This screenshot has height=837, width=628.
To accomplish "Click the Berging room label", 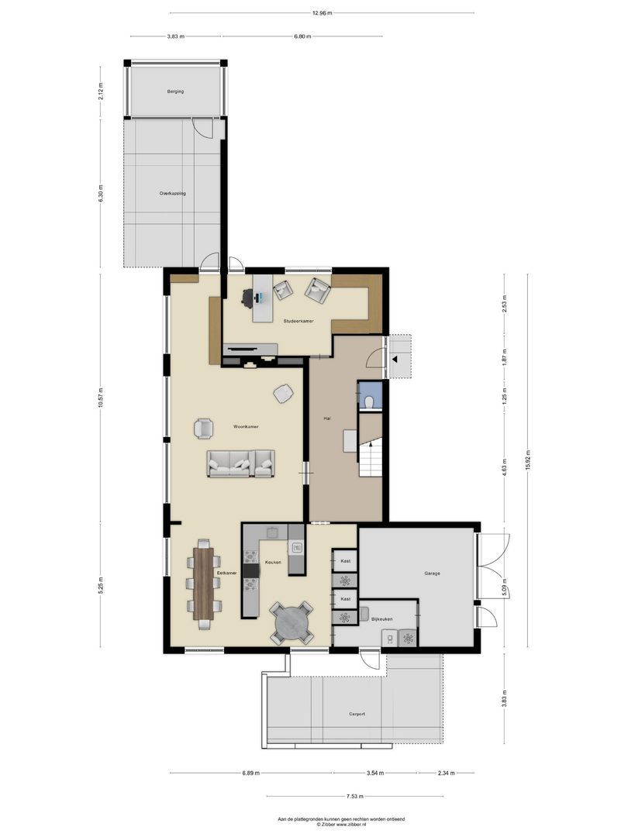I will (175, 91).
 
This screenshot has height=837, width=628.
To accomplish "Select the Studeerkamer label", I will (298, 321).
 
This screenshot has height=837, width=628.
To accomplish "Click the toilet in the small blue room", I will (371, 401).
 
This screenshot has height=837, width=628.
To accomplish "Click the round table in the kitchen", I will (292, 622).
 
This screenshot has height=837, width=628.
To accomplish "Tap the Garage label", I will (432, 573).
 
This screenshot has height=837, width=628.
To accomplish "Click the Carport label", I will (356, 714).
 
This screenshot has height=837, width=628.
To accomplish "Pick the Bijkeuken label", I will (381, 619).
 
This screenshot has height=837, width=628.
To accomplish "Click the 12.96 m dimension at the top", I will (323, 12).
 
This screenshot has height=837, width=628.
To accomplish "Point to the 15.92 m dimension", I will (527, 460).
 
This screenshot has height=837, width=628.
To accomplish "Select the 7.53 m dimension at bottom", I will (355, 796).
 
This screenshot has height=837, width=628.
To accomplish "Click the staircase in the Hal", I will (370, 460).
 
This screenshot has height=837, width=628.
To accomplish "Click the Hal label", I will (327, 418).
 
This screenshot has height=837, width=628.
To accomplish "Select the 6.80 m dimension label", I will (303, 36).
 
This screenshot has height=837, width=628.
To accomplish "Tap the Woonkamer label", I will (246, 426).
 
